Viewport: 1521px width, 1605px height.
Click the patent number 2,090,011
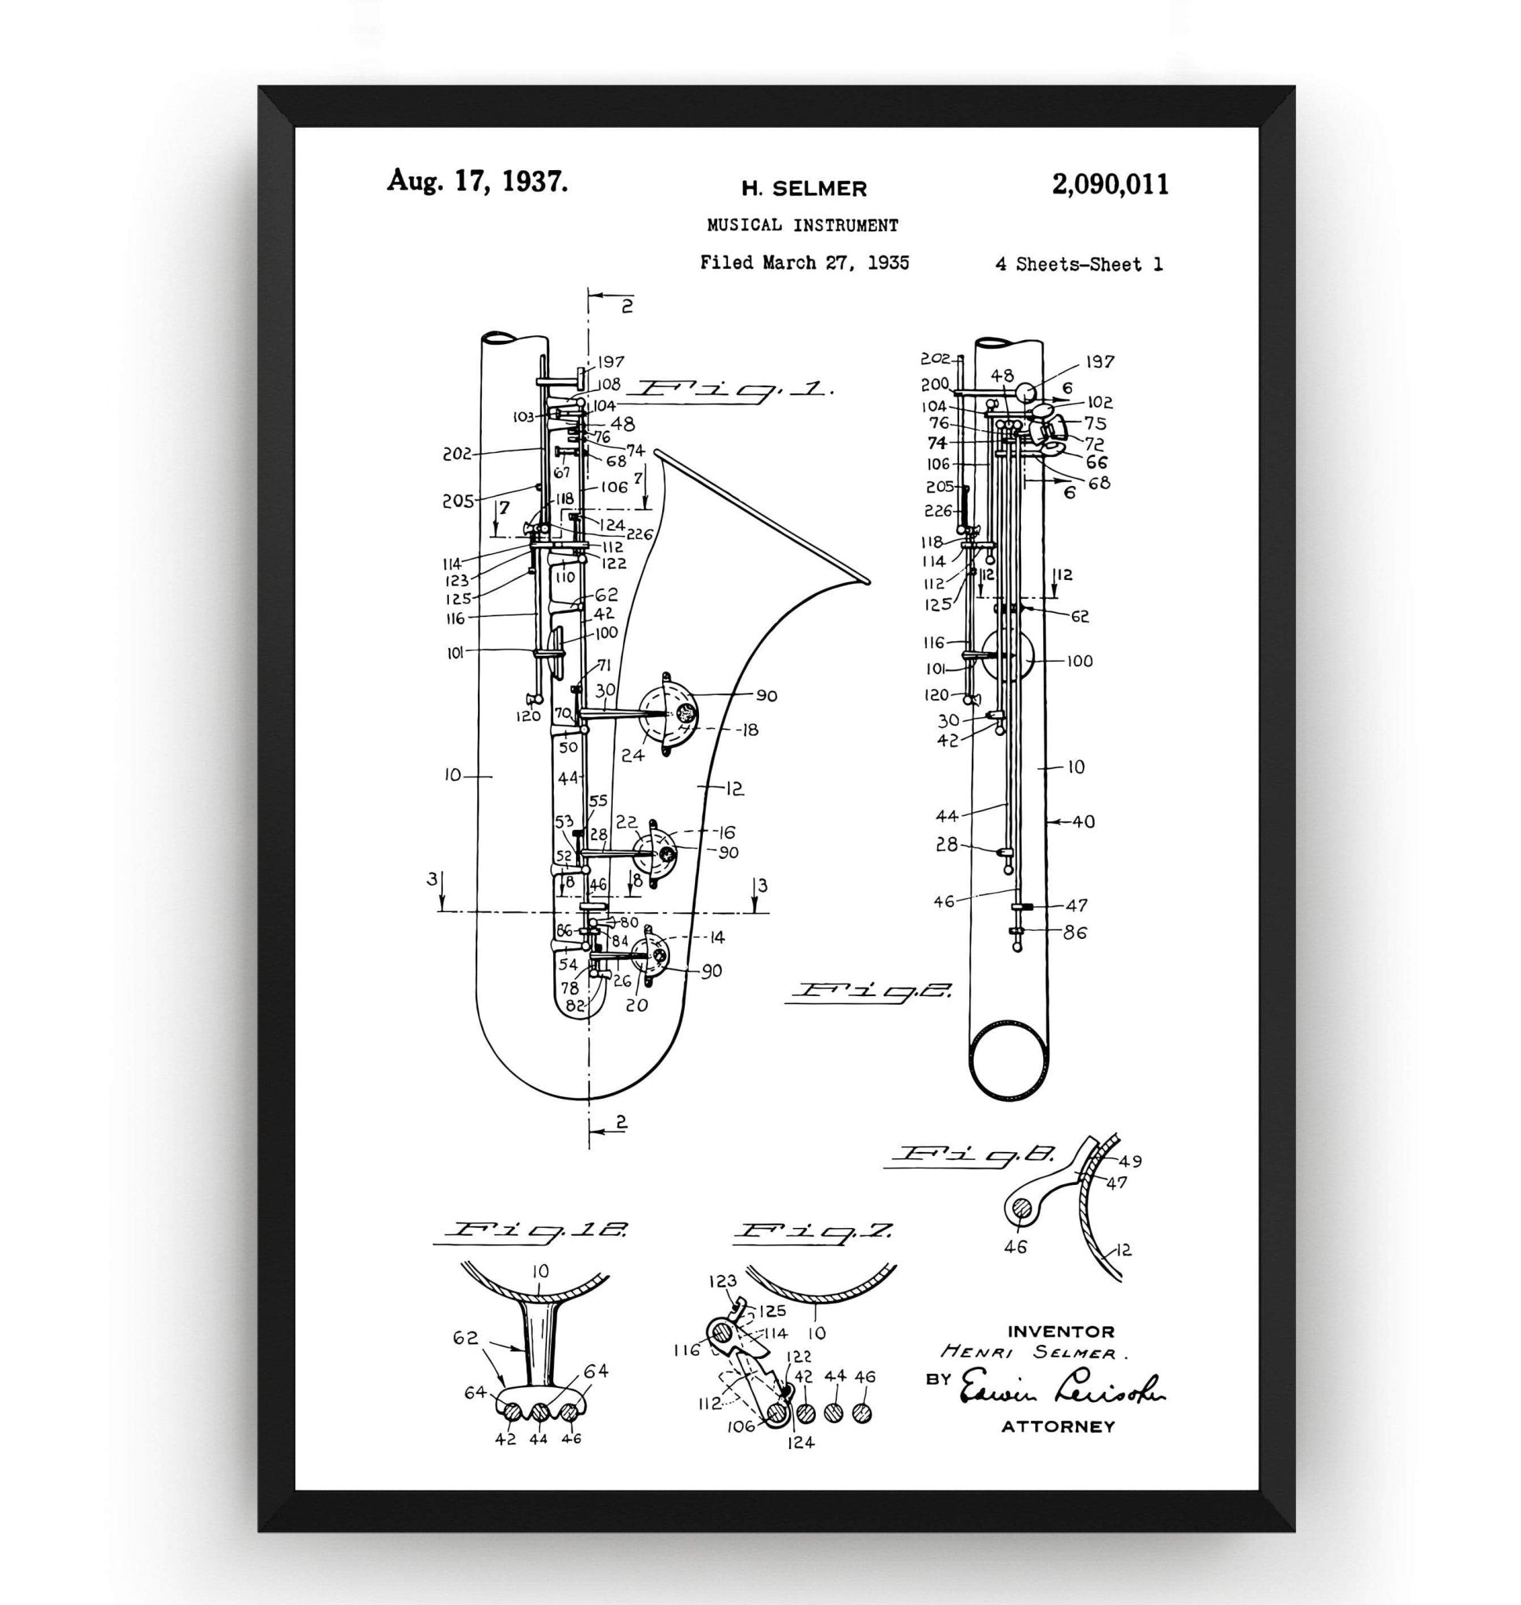pos(1110,185)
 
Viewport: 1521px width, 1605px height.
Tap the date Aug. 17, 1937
pos(476,180)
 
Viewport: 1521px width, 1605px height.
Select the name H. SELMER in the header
pos(804,189)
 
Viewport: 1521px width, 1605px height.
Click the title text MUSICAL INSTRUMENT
pos(802,226)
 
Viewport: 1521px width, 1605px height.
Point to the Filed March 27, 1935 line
pos(804,263)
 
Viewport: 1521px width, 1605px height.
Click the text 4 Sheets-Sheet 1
pos(1078,264)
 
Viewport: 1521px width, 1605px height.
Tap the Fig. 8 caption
pos(973,1155)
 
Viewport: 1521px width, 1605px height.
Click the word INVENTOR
pos(1060,1331)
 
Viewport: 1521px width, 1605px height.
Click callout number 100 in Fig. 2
pos(1079,661)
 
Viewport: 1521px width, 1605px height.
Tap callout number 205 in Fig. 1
pos(458,501)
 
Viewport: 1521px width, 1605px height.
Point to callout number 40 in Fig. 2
pos(1083,821)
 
